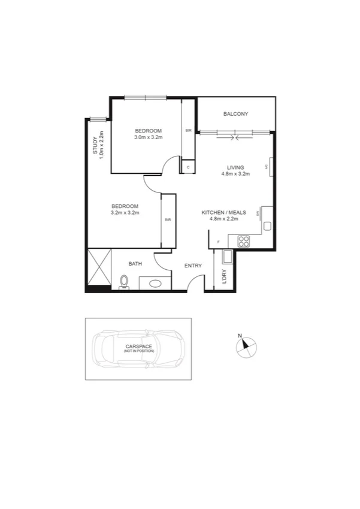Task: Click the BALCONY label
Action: tap(235, 114)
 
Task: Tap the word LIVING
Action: tap(235, 167)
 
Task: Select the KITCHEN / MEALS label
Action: tap(223, 213)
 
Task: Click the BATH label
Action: tap(135, 264)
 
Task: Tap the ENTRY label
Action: tap(193, 266)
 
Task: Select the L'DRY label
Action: tap(223, 277)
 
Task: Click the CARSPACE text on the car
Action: tap(139, 347)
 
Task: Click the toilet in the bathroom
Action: tap(124, 281)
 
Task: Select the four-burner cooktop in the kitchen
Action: tap(244, 241)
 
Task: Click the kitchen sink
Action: tap(268, 226)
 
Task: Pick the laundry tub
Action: tap(227, 257)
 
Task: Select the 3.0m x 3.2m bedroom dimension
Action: tap(148, 137)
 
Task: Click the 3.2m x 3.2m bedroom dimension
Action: tap(125, 212)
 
